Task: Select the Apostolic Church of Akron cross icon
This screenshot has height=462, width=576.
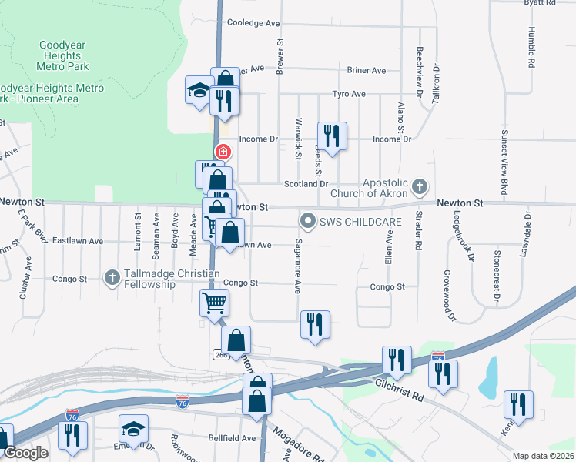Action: coord(419,186)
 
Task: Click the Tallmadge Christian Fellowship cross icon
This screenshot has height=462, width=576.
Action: coord(112,276)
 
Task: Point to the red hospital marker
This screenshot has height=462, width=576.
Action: coord(223,152)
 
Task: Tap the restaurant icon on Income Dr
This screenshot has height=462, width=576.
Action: coord(332,136)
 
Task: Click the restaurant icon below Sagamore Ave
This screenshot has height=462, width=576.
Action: coord(315,325)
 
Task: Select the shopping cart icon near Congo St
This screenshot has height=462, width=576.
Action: coord(214,302)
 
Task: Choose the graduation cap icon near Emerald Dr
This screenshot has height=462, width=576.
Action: coord(133,429)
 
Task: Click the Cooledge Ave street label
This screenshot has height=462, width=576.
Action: coord(253,24)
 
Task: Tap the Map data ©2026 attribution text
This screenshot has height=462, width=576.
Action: coord(543,456)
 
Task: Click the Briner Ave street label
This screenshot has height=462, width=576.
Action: coord(367,71)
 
